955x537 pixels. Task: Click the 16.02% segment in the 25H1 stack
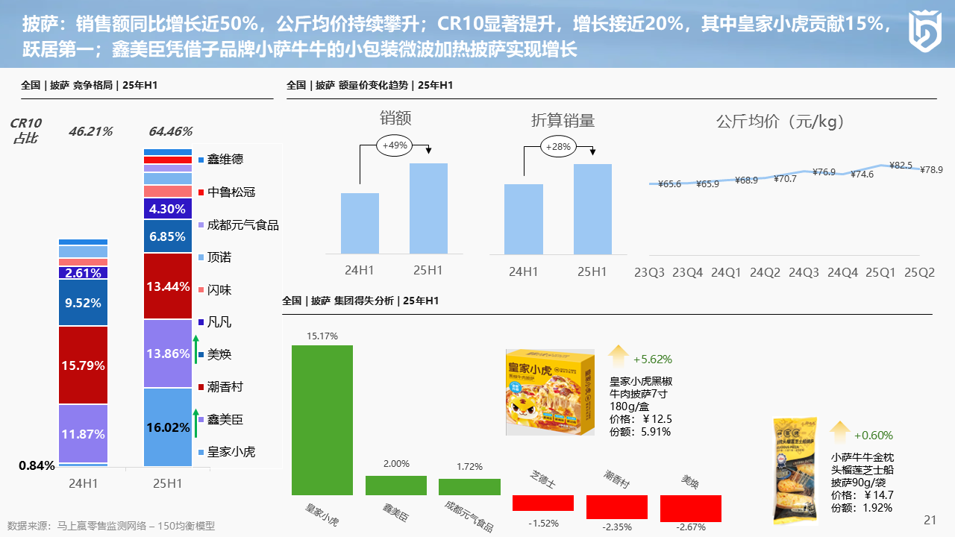167,427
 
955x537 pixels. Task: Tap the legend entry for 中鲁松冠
231,192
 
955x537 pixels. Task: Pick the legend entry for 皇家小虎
231,451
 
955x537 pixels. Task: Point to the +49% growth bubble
395,145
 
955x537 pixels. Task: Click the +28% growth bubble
558,147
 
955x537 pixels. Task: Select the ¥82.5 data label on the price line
901,165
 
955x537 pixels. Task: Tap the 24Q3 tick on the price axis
804,273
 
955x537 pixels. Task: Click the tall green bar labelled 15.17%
322,420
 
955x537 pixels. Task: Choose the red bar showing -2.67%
691,508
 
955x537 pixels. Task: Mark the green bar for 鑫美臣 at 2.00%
395,486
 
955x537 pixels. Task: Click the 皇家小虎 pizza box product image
550,392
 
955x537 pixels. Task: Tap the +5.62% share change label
651,359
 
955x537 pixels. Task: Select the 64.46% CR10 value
171,132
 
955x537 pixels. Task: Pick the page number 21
930,520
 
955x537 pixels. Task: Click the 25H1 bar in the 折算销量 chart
592,209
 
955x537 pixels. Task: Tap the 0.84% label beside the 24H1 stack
37,466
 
